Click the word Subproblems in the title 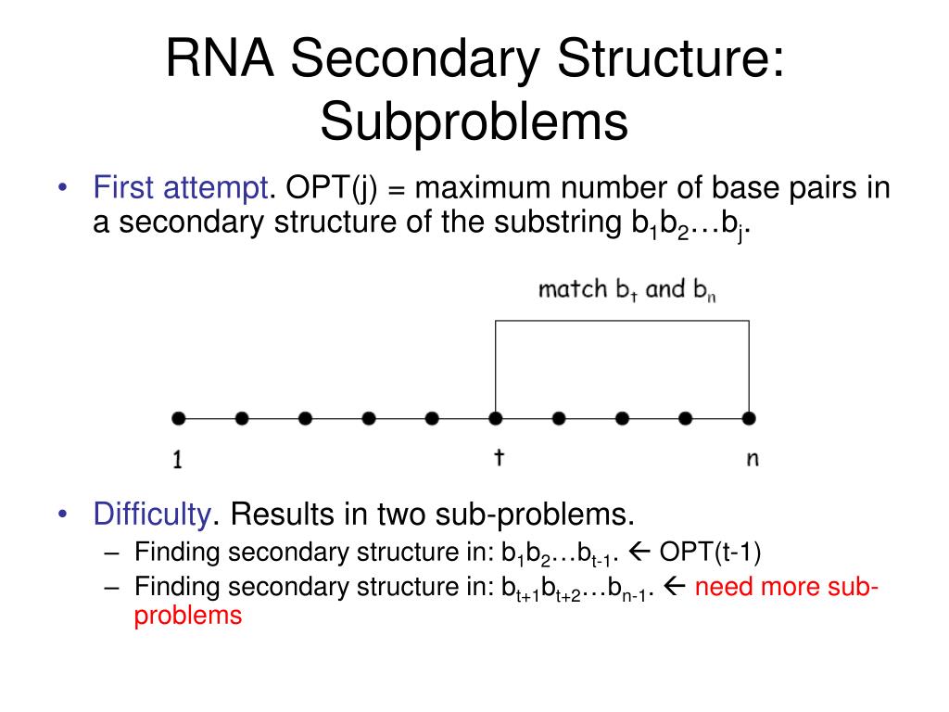click(474, 124)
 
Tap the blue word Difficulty click(153, 513)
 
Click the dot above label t click(496, 419)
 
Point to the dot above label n click(749, 419)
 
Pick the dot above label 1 click(179, 419)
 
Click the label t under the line click(498, 457)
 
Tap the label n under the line click(752, 459)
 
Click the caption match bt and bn click(628, 289)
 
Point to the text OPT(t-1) click(710, 553)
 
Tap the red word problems click(188, 615)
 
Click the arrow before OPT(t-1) click(640, 553)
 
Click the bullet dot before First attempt click(62, 188)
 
